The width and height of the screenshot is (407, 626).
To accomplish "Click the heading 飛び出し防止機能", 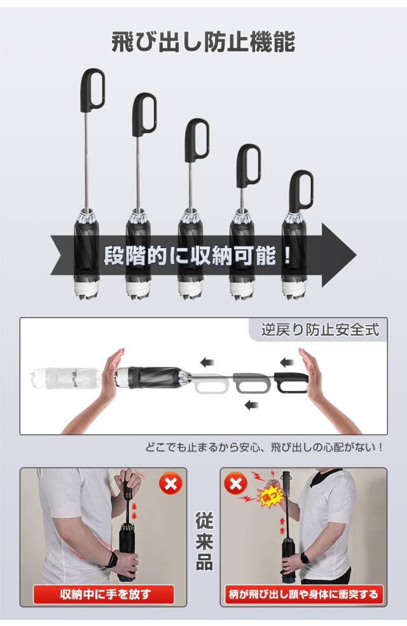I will [203, 42].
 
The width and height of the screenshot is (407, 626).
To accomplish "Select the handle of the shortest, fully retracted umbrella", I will [301, 191].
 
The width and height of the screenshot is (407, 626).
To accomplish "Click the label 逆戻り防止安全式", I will [320, 330].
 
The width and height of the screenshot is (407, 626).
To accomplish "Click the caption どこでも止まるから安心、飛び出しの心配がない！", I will [265, 448].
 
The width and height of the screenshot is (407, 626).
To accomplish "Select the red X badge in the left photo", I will [170, 485].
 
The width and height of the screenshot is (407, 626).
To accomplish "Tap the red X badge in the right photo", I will [237, 485].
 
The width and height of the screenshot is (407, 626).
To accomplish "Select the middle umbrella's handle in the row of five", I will [197, 139].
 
